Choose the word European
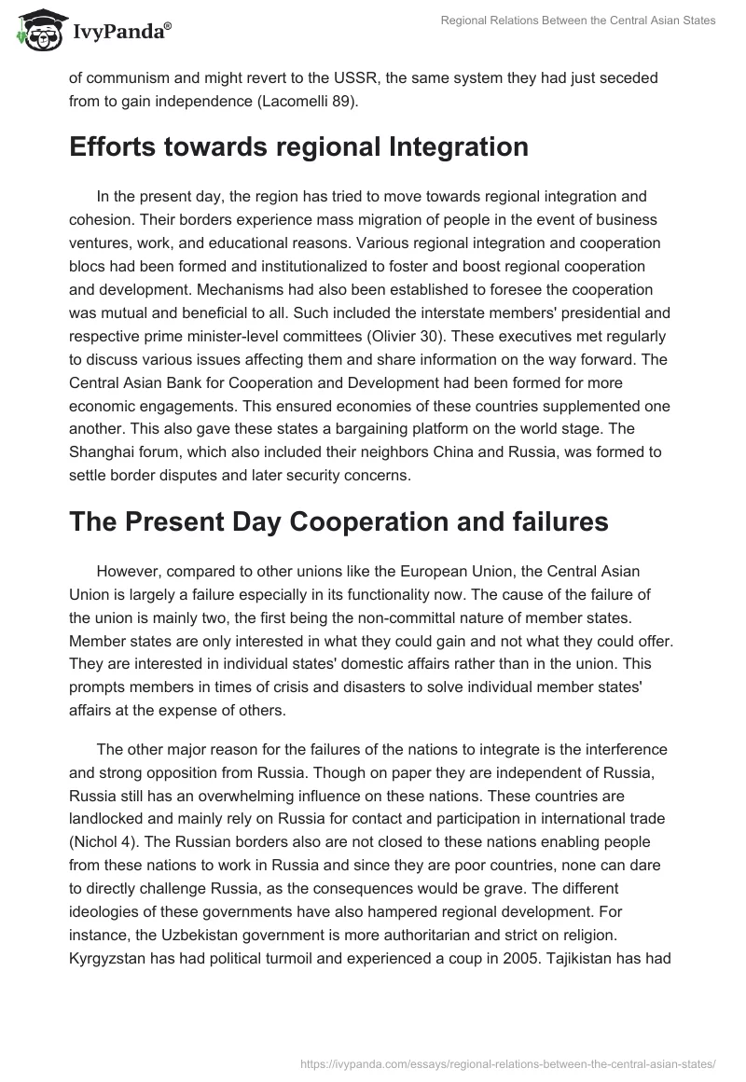click(x=469, y=570)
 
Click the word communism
click(x=131, y=79)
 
